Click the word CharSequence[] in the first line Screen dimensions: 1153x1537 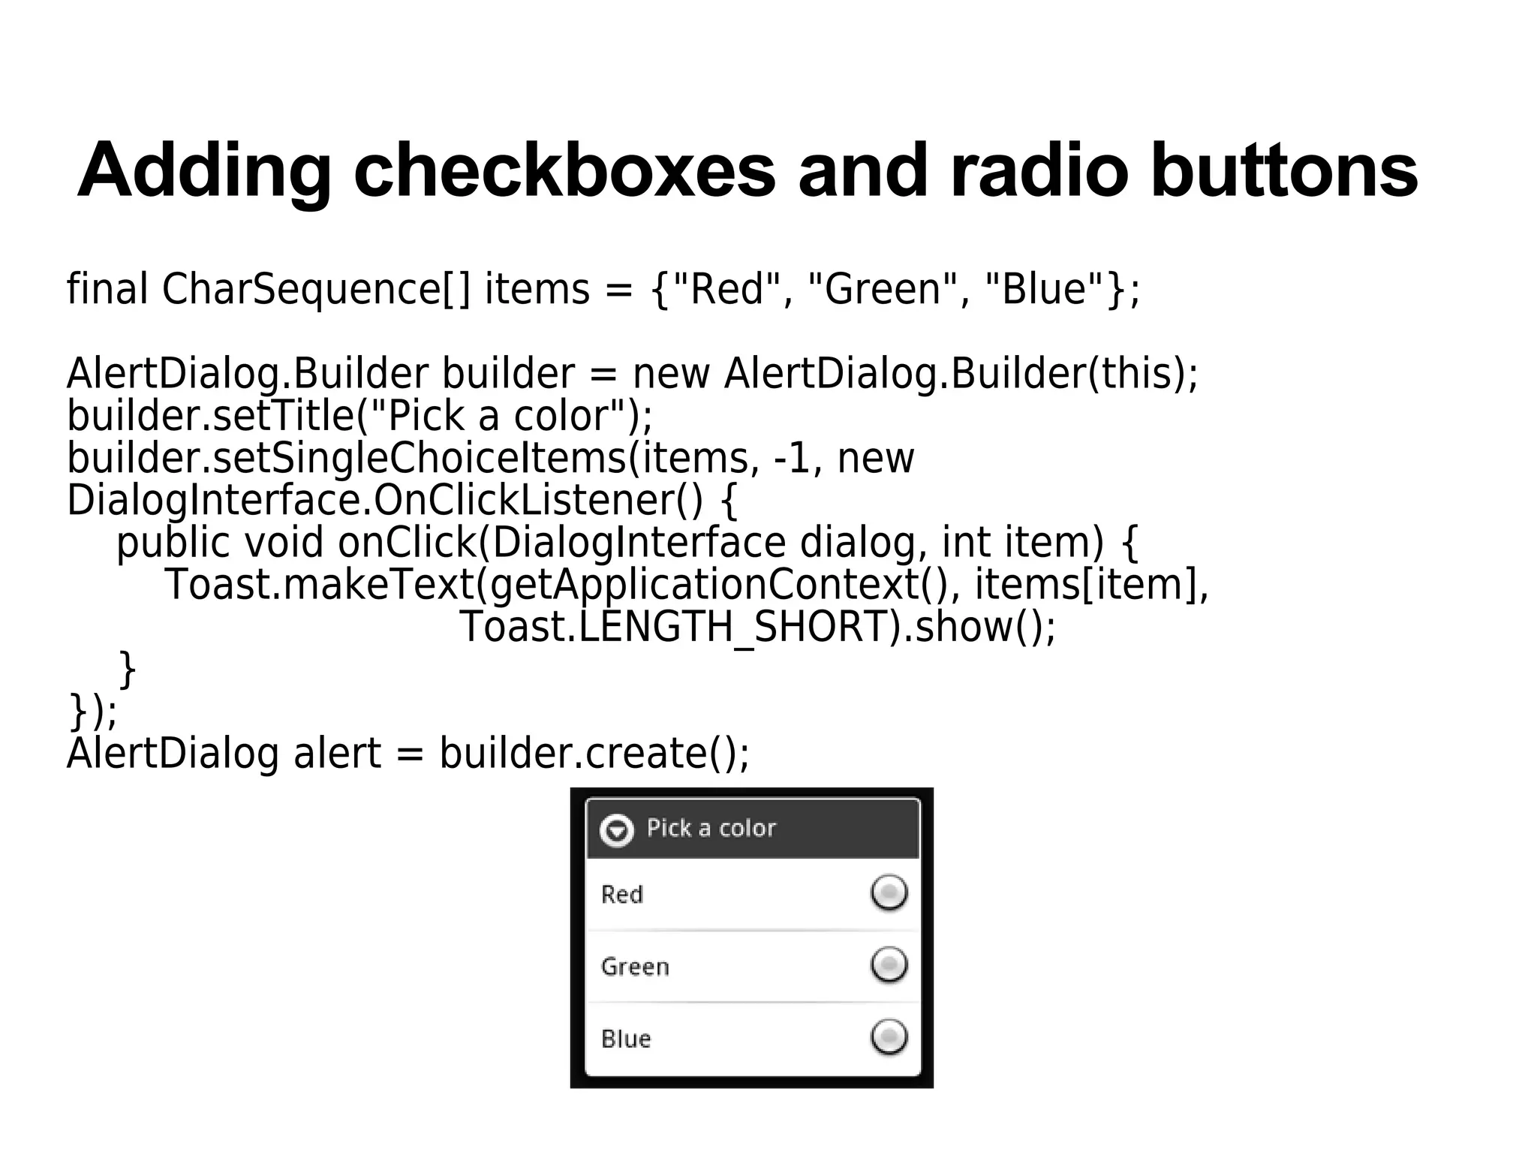pyautogui.click(x=316, y=289)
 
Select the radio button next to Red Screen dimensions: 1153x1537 pyautogui.click(x=889, y=893)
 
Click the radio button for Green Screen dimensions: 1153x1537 pyautogui.click(x=889, y=965)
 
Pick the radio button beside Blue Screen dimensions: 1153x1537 pyautogui.click(x=889, y=1037)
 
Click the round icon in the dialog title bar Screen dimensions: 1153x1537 pyautogui.click(x=617, y=830)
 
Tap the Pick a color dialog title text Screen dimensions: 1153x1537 pyautogui.click(x=711, y=828)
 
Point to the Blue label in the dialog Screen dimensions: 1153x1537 pyautogui.click(x=626, y=1039)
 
